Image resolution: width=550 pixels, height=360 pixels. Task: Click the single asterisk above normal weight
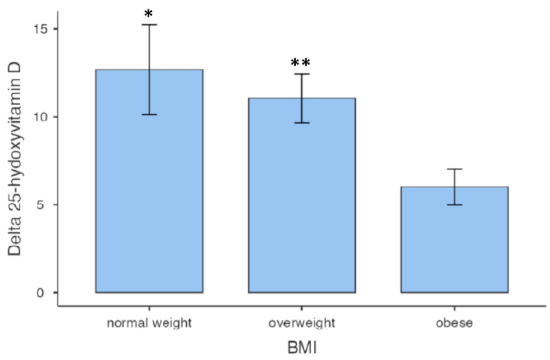point(148,14)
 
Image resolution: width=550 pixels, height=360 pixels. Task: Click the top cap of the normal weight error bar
point(149,25)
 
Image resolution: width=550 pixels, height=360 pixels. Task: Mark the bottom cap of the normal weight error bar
point(149,115)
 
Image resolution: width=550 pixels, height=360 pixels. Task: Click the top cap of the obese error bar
point(454,169)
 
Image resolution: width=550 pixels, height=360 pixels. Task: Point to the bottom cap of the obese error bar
point(454,205)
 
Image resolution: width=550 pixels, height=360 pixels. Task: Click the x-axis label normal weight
point(149,323)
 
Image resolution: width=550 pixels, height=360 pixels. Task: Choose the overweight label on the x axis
point(302,323)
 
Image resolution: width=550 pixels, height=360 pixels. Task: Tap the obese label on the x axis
point(454,323)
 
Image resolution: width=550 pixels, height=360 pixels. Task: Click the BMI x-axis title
point(302,348)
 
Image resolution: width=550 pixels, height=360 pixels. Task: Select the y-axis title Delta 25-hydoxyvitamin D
point(14,160)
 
